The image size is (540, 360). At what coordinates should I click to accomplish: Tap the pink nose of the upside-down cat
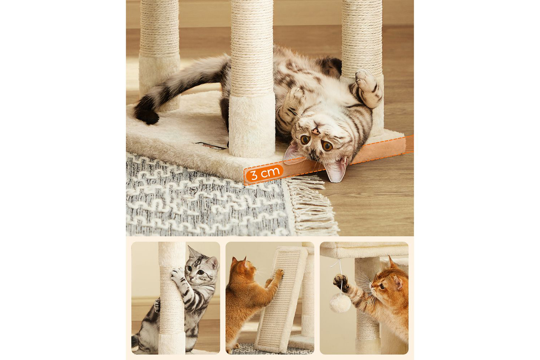tap(315, 131)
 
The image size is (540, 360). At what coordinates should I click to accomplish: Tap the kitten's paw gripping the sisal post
tap(177, 275)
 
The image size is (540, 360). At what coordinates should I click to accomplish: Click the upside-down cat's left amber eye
tap(305, 139)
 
